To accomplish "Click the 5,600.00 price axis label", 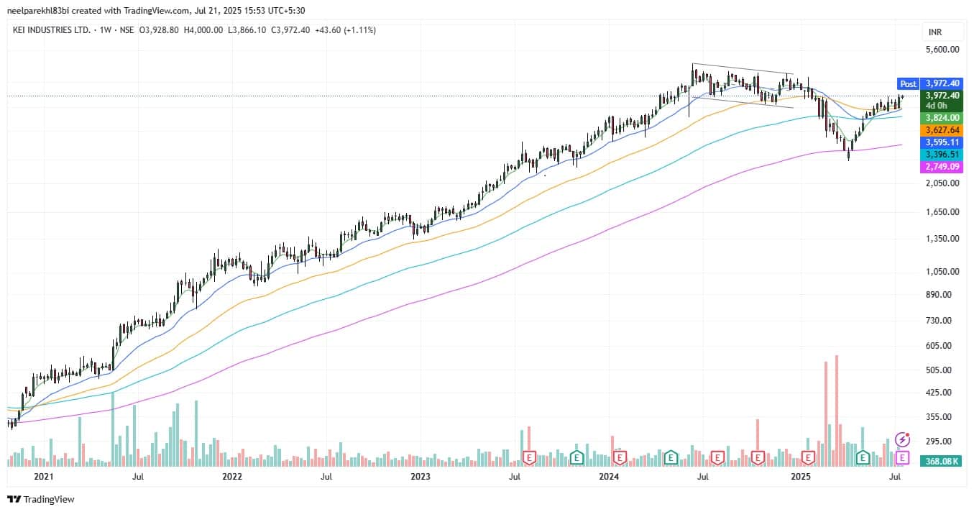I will [x=943, y=50].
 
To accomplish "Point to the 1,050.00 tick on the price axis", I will [x=943, y=272].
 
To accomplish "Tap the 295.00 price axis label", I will [x=943, y=442].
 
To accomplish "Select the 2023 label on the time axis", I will [x=421, y=476].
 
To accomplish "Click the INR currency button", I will [x=935, y=32].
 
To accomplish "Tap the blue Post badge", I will [x=908, y=83].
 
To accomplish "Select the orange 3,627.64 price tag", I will [x=942, y=130].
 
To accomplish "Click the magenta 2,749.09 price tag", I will [x=942, y=167].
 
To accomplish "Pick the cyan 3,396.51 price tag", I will [x=942, y=155].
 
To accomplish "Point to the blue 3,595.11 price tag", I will [x=942, y=142].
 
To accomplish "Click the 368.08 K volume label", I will [x=942, y=461].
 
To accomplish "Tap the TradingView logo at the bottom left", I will [x=41, y=499].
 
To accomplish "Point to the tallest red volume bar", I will [x=837, y=410].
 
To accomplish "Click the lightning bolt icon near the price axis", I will [x=903, y=439].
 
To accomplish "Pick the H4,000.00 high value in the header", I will [x=203, y=30].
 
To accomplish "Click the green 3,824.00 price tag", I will [x=942, y=118].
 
